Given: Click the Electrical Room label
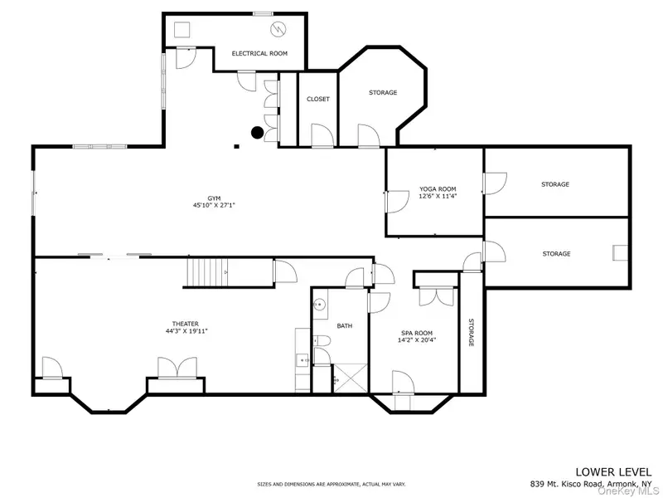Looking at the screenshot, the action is pos(259,53).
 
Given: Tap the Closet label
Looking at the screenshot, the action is pos(318,99).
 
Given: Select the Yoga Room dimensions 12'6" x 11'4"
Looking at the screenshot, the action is pos(438,196).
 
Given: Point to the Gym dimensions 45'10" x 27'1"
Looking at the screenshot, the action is pos(214,205).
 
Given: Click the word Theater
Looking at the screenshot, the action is pos(185,324).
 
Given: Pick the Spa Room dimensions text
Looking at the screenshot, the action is pos(417,339).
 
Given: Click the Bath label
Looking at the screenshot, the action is pos(345,325).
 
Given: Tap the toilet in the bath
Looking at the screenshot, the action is pos(322,340).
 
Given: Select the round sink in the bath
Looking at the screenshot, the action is pos(319,303).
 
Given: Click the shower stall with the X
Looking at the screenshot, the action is pos(351,378).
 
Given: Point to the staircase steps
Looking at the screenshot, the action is pos(209,273).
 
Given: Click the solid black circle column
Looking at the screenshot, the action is pos(258,133).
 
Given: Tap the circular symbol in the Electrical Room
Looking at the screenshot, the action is pos(278,29).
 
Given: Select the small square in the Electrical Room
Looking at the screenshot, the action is pos(182,30).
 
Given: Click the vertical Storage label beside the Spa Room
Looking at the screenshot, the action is pos(471,333).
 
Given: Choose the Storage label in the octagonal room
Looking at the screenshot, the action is pos(383,92).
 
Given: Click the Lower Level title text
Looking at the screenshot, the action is pos(613,471).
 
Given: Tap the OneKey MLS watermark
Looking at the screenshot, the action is pos(629,491).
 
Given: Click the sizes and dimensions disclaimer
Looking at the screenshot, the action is pos(331,484).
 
